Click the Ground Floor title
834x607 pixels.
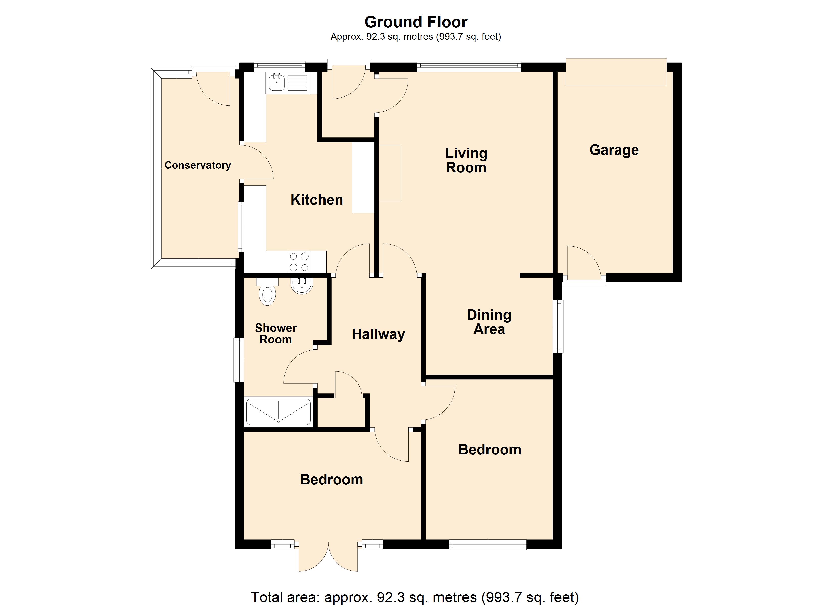tap(416, 22)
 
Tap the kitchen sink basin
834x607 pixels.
tap(276, 82)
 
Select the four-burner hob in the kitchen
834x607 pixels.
tap(299, 262)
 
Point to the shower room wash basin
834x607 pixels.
tap(302, 286)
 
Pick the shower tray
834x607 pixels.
tap(278, 411)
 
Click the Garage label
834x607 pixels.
tap(614, 150)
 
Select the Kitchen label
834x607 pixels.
tap(317, 200)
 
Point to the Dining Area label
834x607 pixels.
tap(489, 322)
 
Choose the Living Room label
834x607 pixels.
tap(466, 161)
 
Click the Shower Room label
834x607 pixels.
tap(276, 334)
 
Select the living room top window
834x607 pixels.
tap(469, 66)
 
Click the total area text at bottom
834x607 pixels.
tap(415, 597)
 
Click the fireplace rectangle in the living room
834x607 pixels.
tap(390, 173)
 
